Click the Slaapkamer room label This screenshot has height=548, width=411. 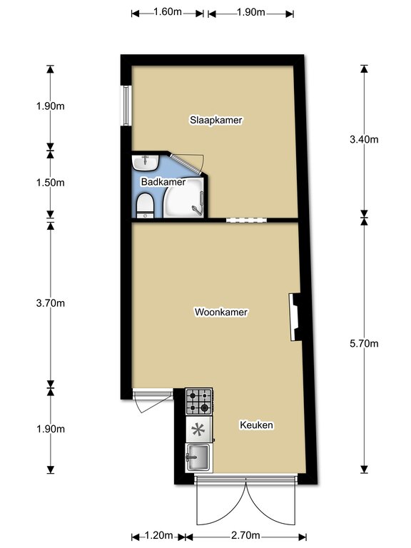click(216, 120)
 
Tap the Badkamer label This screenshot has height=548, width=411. click(163, 182)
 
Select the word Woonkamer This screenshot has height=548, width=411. click(221, 312)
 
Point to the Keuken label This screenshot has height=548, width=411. click(256, 425)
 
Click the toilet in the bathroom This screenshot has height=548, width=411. click(144, 205)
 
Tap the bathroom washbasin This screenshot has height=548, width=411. click(146, 163)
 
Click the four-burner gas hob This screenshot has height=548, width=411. click(198, 401)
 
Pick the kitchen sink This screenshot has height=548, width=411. click(198, 457)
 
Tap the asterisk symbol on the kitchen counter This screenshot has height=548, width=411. click(198, 430)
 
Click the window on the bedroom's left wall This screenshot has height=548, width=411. click(126, 105)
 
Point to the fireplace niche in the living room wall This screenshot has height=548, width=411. click(295, 317)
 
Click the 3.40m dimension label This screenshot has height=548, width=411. click(364, 139)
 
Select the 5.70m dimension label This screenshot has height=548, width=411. click(364, 343)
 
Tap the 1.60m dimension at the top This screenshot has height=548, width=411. click(168, 12)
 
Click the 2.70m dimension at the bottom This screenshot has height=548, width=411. click(245, 535)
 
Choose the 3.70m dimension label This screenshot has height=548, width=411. click(51, 303)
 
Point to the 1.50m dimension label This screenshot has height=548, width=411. click(51, 183)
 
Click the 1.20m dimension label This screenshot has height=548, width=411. click(158, 535)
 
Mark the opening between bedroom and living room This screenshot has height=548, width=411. click(246, 220)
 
